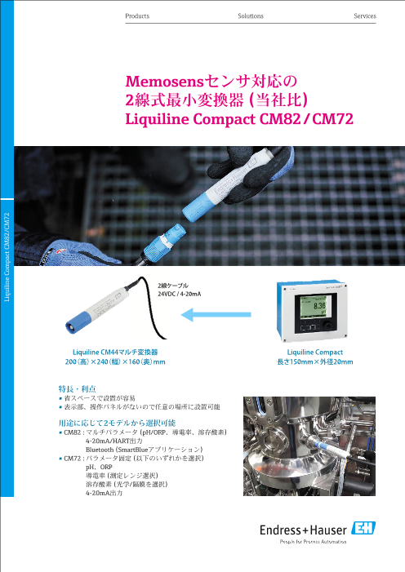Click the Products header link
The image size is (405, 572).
(137, 16)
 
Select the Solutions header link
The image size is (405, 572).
(251, 16)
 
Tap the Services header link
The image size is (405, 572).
(365, 16)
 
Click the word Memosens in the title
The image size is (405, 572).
(164, 82)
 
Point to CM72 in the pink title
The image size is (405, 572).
(333, 119)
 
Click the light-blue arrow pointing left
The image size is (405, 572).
(216, 314)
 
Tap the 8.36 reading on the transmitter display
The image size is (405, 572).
(319, 305)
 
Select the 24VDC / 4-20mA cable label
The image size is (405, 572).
(180, 294)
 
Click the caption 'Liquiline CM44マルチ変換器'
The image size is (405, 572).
(115, 352)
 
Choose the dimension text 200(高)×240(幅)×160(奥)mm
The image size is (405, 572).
(115, 361)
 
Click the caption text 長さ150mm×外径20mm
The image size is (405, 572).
(315, 361)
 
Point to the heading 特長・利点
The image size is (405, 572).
(77, 389)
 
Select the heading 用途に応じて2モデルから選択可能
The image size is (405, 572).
(118, 423)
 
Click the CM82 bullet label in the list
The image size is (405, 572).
(72, 432)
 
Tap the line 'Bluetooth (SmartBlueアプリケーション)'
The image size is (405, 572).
(144, 450)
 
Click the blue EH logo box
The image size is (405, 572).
(363, 528)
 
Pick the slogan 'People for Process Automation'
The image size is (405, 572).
(313, 542)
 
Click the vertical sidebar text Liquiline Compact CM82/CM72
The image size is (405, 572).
(7, 257)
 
